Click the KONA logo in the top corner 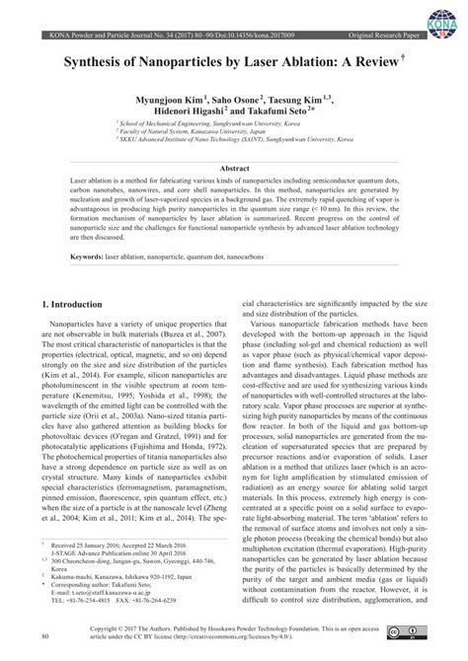click(442, 20)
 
